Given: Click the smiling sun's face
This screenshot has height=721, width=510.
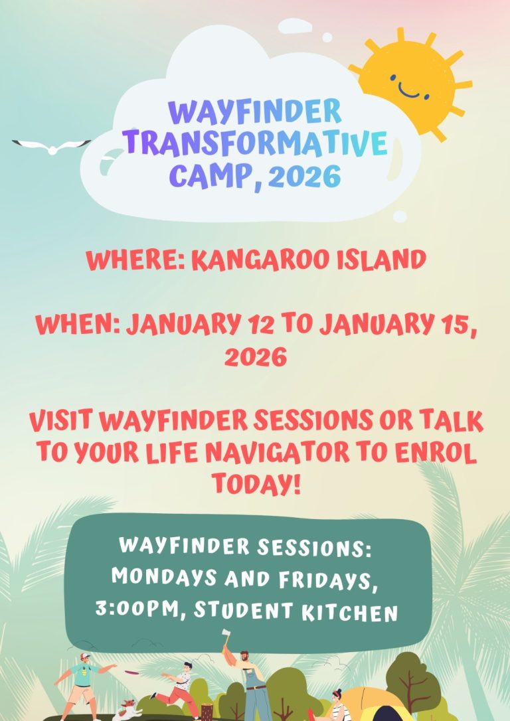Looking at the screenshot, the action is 409,85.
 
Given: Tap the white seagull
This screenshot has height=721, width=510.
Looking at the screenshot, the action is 52,146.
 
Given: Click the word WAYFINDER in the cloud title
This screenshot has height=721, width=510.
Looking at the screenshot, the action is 255,113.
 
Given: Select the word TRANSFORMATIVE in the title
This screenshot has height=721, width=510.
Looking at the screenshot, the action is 255,143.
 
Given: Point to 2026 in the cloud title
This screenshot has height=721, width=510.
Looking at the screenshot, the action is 304,176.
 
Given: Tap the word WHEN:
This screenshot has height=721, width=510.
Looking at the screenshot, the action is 78,325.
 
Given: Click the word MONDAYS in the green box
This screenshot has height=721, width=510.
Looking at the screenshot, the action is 164,577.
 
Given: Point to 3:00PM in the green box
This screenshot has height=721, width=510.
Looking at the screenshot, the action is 136,609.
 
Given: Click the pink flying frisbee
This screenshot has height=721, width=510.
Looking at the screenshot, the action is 132,673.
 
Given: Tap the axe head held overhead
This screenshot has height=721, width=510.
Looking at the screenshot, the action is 225,635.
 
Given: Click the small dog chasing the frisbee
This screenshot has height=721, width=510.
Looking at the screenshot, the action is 128,710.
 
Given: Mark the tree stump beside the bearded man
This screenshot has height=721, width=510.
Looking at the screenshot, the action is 207,712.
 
